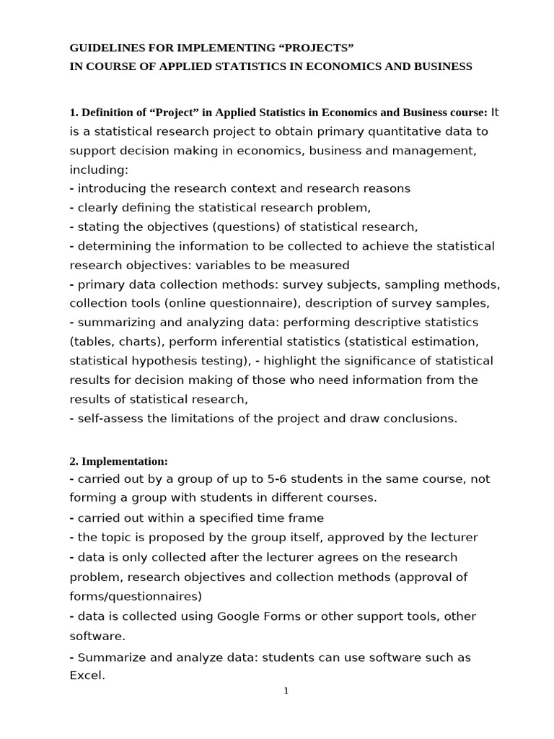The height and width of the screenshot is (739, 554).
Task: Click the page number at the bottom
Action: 286,691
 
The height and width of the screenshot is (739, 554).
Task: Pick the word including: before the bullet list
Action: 98,170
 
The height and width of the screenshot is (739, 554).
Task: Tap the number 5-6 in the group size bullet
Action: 271,478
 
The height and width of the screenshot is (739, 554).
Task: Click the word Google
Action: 241,616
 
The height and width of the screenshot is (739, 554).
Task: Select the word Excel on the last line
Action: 87,675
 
